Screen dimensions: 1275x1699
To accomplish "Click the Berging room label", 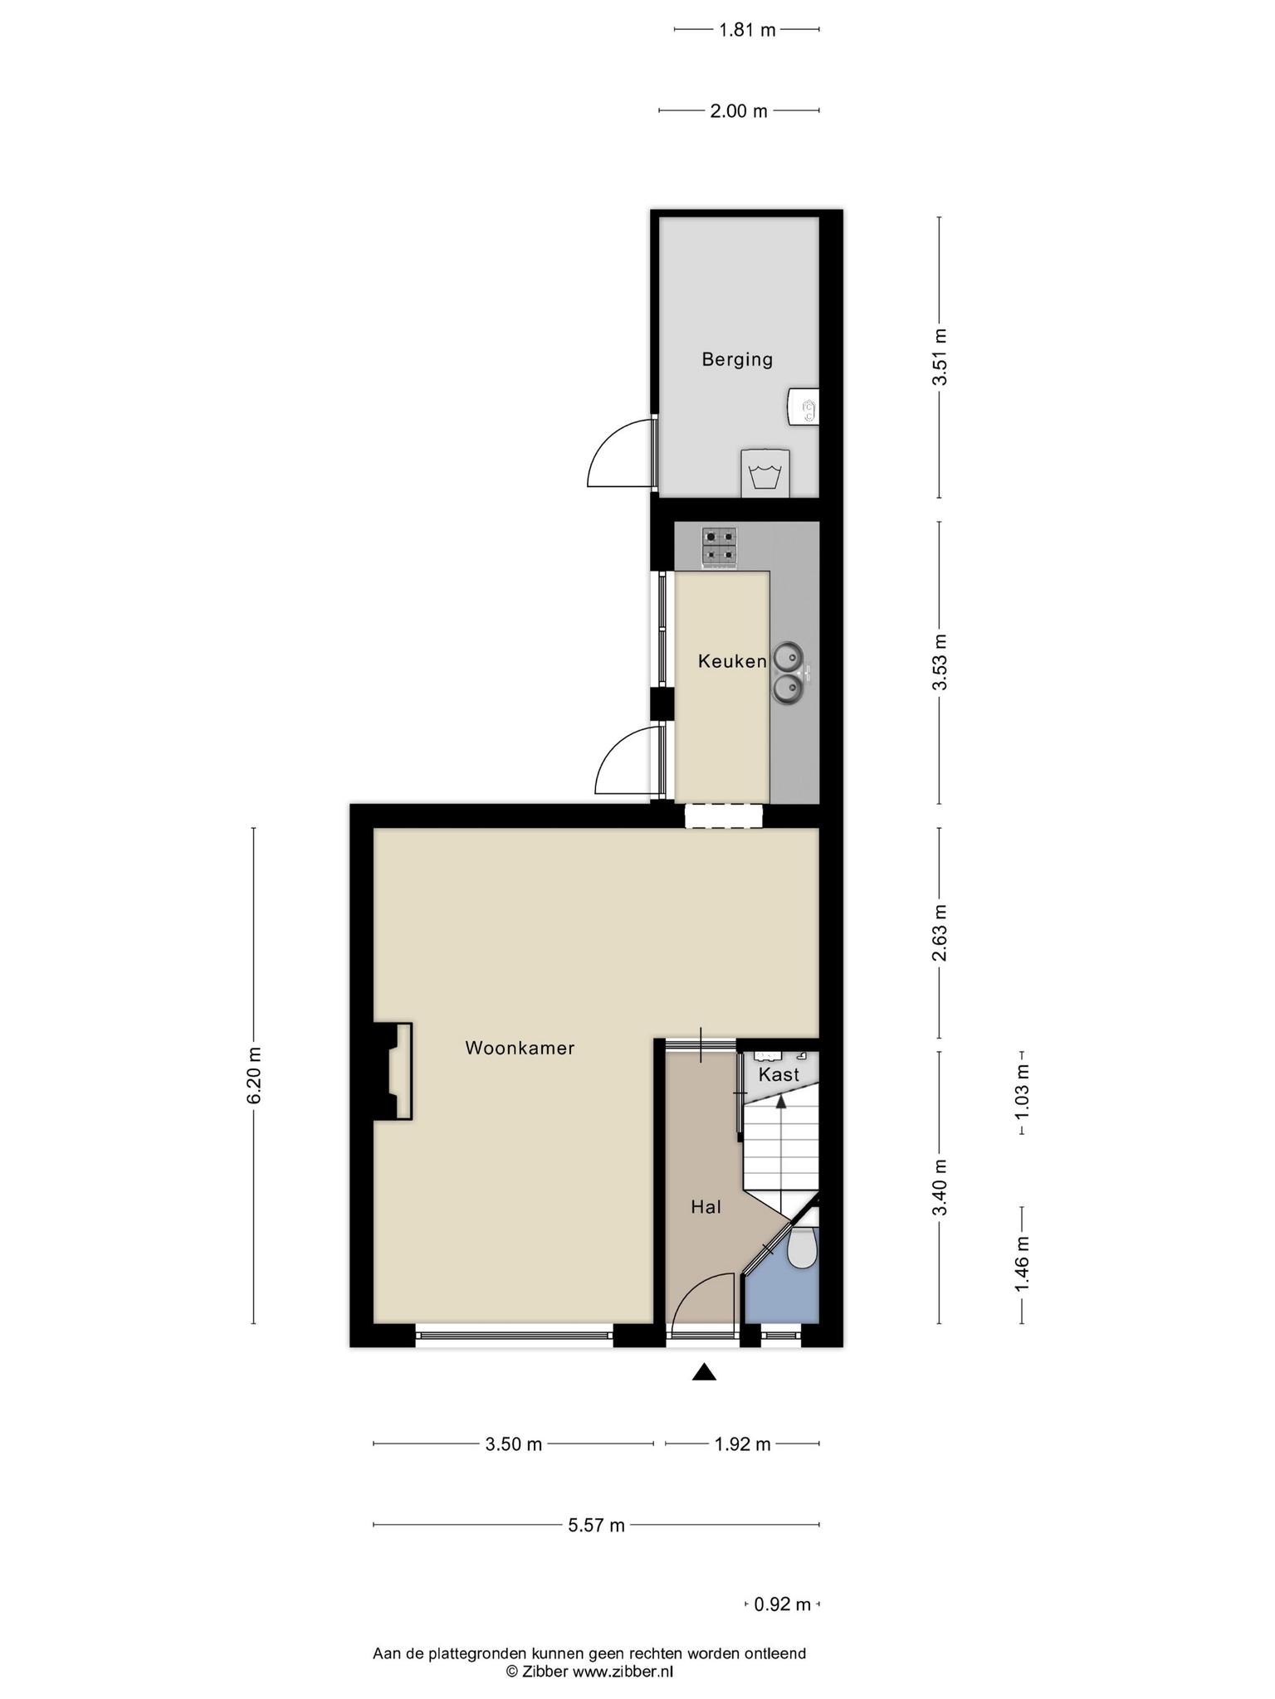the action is click(737, 360).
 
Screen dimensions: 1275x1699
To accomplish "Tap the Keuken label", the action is click(732, 661).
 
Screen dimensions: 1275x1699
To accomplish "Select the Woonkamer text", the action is click(520, 1048).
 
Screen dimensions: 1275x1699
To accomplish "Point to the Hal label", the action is click(706, 1207).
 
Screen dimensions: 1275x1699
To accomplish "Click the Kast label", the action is click(779, 1074).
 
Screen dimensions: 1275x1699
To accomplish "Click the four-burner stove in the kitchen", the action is click(720, 548).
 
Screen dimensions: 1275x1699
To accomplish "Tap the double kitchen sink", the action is click(789, 673).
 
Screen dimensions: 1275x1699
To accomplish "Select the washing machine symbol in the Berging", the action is click(765, 474).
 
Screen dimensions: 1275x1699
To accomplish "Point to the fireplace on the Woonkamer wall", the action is click(393, 1072).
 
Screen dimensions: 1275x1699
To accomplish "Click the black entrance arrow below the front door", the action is click(704, 1372).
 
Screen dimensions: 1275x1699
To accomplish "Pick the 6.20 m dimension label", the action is click(254, 1075).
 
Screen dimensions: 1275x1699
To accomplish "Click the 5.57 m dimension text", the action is click(597, 1525).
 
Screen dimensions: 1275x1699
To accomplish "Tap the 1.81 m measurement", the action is click(747, 31).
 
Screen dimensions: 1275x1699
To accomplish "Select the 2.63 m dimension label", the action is click(940, 932).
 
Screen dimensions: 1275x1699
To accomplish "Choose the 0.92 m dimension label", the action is click(783, 1604).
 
